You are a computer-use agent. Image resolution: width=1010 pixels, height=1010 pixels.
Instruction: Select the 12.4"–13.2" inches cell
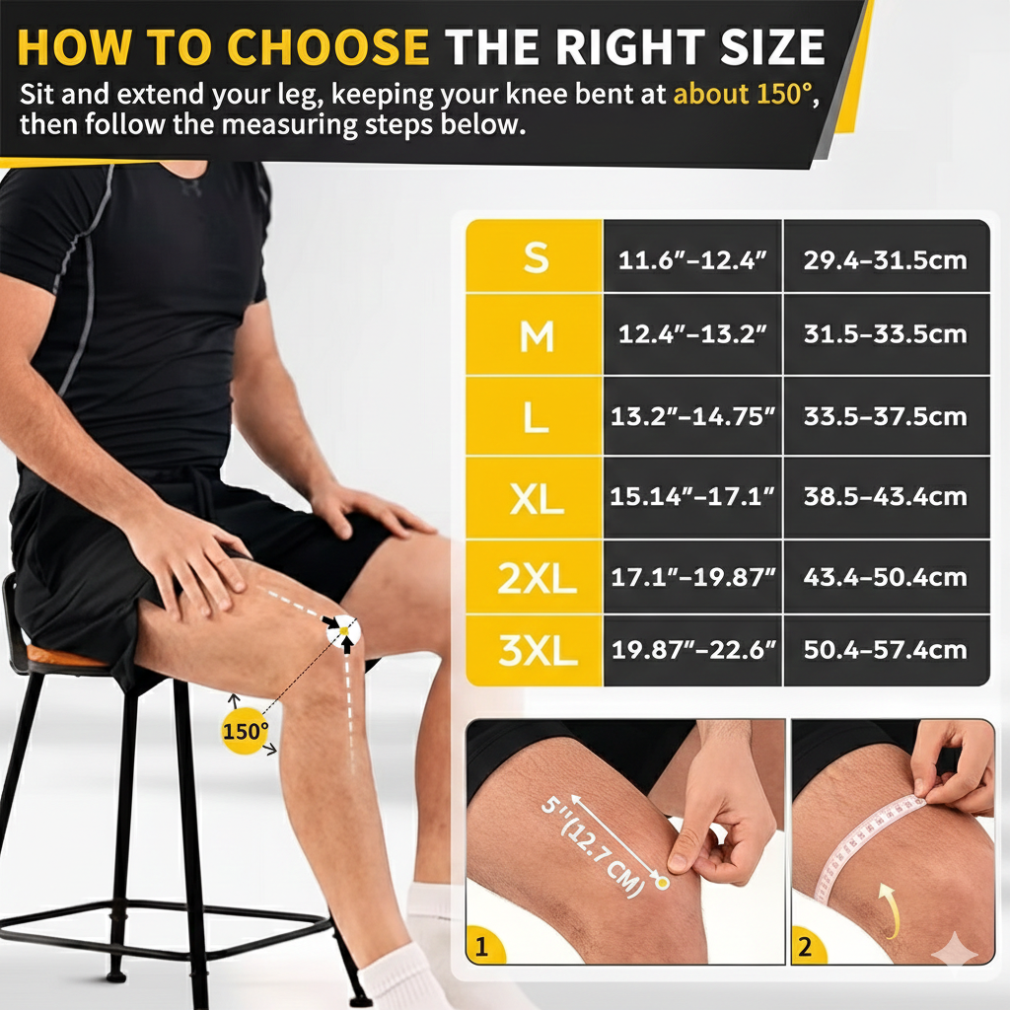point(692,334)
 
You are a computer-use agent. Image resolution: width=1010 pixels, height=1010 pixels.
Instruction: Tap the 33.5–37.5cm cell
point(885,416)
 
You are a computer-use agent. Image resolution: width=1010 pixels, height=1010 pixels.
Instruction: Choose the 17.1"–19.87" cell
point(692,577)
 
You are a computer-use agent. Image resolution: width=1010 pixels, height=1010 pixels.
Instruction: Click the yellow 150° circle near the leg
point(245,732)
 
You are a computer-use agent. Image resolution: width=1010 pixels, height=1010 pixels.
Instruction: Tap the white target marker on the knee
point(344,630)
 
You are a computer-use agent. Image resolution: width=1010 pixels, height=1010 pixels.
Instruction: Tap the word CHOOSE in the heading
point(330,46)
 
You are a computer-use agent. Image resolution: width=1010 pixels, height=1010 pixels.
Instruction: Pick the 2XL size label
point(536,577)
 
